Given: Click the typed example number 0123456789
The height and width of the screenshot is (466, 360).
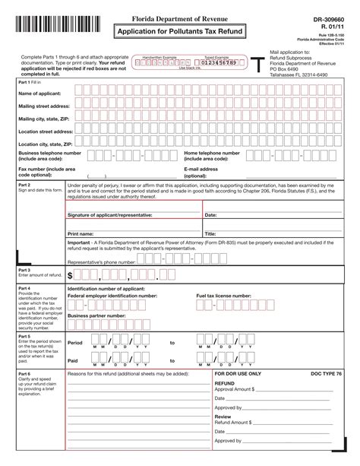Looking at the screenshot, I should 220,62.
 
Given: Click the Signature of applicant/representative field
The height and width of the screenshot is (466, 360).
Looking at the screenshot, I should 110,215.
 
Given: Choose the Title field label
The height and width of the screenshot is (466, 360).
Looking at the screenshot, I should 210,233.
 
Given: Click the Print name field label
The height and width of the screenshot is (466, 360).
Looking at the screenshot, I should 81,233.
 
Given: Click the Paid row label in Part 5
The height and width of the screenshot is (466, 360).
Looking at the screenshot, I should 74,361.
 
